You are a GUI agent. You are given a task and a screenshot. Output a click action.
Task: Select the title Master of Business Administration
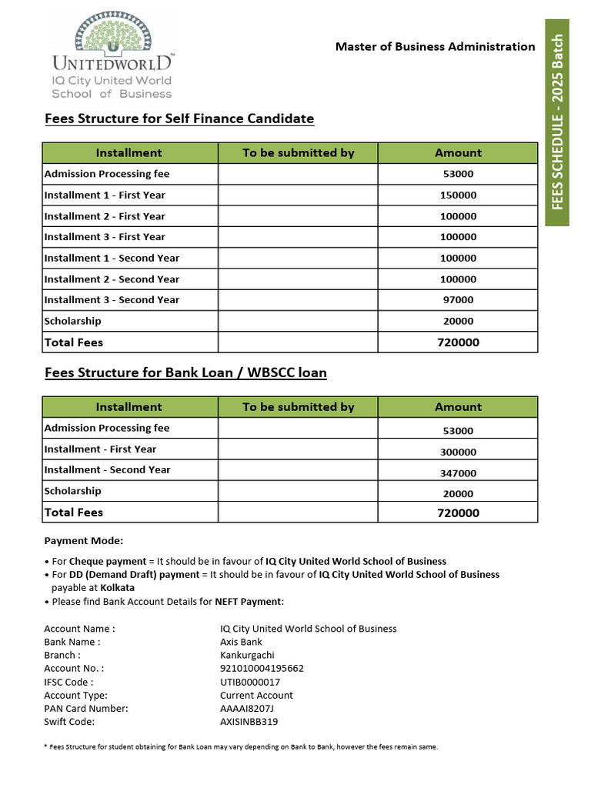point(435,47)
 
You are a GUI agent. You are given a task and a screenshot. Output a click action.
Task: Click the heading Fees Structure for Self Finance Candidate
point(179,119)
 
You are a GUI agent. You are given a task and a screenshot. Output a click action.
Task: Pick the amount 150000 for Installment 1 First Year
point(458,195)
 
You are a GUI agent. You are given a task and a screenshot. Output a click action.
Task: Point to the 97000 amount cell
point(458,300)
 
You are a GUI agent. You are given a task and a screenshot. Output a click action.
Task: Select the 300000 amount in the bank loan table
point(458,452)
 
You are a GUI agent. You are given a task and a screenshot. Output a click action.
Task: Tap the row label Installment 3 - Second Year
point(112,300)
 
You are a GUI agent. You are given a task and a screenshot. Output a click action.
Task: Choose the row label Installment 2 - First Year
point(105,216)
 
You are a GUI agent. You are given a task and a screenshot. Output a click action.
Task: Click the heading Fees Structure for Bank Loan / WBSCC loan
point(185,372)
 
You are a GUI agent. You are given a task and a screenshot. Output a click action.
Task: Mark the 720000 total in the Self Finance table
point(458,342)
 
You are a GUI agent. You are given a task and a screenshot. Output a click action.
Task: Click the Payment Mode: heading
point(83,541)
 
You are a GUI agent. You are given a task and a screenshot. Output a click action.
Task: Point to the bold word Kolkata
point(118,587)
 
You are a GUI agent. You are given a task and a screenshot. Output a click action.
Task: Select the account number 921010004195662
point(262,669)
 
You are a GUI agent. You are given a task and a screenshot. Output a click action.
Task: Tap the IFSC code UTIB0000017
point(250,682)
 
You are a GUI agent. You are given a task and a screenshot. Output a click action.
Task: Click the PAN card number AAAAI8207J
point(246,709)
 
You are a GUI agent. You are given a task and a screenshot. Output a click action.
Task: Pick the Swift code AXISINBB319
point(249,722)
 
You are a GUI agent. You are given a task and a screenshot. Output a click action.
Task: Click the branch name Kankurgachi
point(247,655)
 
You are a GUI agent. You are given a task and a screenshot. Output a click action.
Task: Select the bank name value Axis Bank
point(241,642)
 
